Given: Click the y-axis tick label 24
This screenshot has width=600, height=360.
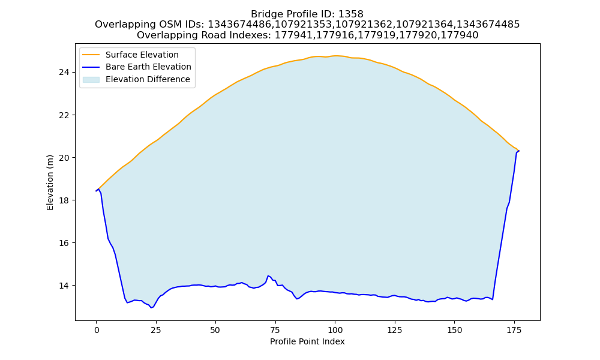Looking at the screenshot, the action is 64,73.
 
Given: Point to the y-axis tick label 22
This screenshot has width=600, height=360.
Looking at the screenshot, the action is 64,115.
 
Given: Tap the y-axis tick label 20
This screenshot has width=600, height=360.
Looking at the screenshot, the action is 64,158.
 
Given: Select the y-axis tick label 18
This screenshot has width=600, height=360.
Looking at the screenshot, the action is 64,200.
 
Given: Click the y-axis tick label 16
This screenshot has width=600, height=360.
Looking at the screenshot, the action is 64,243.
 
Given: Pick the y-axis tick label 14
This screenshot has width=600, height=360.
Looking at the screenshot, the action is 64,286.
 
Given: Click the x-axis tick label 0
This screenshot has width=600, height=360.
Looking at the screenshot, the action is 97,330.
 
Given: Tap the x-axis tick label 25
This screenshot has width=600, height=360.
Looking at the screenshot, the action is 156,330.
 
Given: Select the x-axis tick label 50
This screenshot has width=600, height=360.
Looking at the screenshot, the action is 215,330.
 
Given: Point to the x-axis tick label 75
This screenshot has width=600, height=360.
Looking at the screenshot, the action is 275,330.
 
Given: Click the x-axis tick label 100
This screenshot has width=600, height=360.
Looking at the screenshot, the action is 335,330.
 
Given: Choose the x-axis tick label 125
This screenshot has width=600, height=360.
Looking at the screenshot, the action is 395,330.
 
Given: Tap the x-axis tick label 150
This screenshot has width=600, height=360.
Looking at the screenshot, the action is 454,330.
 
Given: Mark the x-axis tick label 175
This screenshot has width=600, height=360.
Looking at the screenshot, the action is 514,330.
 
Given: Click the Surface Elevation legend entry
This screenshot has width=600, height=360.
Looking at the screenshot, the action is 130,55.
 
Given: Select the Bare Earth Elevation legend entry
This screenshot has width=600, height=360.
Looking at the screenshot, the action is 137,67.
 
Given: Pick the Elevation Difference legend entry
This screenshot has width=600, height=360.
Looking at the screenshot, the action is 136,80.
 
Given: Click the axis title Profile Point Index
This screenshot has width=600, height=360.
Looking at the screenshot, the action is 307,341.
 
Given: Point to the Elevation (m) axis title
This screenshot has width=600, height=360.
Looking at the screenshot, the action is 50,182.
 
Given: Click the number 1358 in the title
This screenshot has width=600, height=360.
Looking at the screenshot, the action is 351,14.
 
